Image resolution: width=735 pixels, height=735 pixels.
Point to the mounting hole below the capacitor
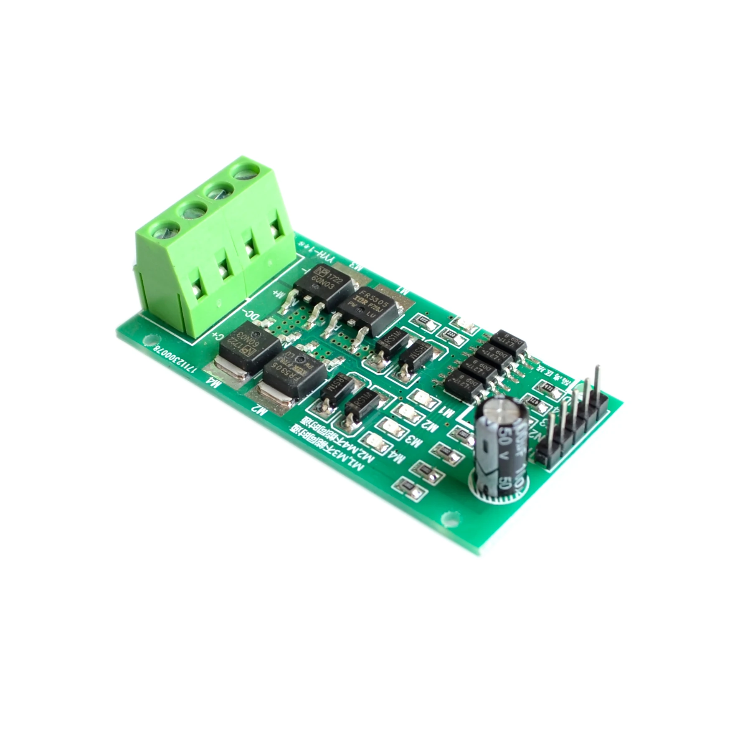(x=449, y=519)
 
